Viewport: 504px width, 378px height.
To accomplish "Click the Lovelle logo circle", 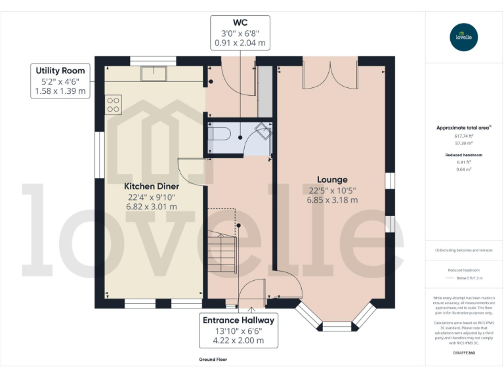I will tap(464, 37).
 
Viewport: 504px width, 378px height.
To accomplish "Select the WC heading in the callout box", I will tap(240, 22).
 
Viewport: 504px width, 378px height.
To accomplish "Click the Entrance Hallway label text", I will tap(238, 320).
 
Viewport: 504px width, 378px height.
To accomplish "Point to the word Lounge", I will tap(332, 179).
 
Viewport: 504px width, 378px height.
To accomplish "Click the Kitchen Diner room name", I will tap(152, 186).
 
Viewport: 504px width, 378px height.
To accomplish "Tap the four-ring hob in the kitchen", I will tap(113, 104).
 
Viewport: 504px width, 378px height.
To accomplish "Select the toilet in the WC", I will tap(218, 136).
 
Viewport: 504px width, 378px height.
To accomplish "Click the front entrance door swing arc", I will tap(251, 291).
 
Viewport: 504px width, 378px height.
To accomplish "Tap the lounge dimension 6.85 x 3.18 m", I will tap(332, 200).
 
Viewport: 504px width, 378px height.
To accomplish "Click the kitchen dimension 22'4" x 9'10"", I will tap(152, 197).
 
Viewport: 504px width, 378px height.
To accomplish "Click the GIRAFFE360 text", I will tap(464, 353).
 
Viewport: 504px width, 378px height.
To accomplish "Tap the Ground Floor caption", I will tap(214, 360).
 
